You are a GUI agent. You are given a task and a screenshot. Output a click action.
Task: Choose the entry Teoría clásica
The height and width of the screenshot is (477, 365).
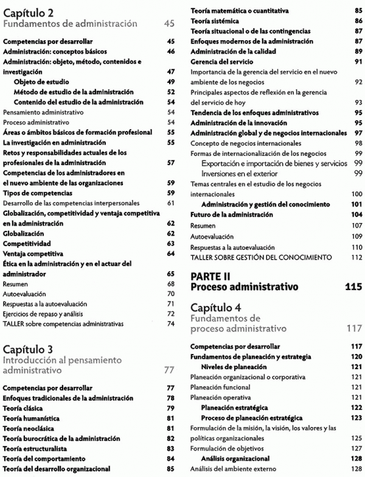[24, 408]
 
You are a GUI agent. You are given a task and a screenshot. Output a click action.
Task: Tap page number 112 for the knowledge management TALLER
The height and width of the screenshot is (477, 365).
[357, 256]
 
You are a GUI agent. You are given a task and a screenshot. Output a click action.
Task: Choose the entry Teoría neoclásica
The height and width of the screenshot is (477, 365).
[29, 428]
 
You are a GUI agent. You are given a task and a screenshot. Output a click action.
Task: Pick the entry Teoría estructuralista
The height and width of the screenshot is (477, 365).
[34, 448]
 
